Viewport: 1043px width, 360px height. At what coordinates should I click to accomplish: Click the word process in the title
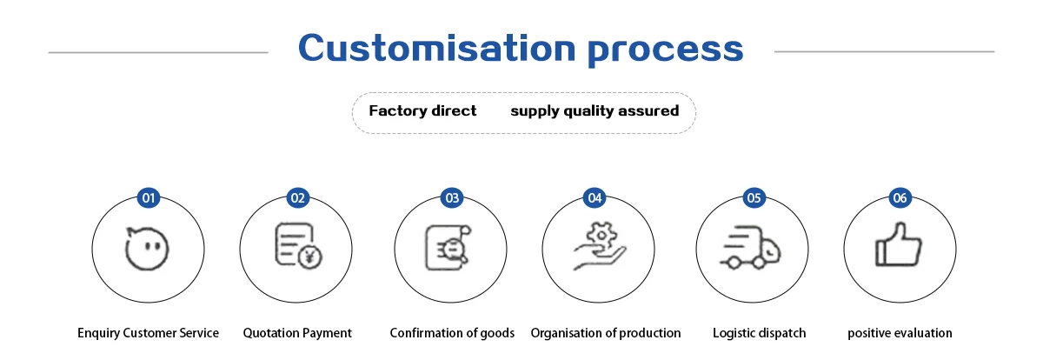pos(667,50)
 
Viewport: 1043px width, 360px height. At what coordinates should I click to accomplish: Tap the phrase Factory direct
pos(422,110)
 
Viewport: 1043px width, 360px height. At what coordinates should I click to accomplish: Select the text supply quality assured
pos(595,110)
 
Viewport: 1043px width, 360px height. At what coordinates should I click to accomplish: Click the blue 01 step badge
pos(149,198)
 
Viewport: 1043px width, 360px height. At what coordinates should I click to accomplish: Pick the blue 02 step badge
pos(298,198)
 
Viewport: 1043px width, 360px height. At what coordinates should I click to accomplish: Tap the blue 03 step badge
pos(452,198)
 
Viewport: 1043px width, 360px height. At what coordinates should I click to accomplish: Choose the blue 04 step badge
pos(595,198)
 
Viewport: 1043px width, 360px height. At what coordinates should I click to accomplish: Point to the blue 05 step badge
pos(754,198)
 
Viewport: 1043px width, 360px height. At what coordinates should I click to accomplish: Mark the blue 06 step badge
pos(900,198)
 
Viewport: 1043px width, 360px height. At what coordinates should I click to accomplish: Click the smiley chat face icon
pos(146,250)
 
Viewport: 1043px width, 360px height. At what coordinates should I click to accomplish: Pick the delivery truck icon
pos(751,248)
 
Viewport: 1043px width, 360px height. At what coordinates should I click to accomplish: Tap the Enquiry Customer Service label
pos(148,333)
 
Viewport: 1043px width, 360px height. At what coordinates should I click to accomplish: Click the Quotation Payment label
pos(297,333)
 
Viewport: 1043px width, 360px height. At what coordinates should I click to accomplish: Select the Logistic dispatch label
pos(759,333)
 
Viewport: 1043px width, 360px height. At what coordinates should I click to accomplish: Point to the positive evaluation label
pos(900,333)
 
